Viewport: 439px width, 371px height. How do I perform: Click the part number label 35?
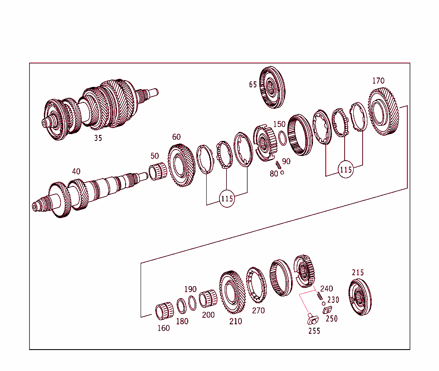pyautogui.click(x=98, y=138)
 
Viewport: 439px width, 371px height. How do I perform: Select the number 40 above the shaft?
pyautogui.click(x=76, y=171)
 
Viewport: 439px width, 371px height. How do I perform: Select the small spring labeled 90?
pyautogui.click(x=278, y=164)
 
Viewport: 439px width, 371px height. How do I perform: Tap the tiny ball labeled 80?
pyautogui.click(x=282, y=173)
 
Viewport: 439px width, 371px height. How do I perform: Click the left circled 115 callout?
pyautogui.click(x=227, y=199)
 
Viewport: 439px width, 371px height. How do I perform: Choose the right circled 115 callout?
pyautogui.click(x=346, y=170)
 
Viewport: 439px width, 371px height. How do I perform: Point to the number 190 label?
pyautogui.click(x=190, y=289)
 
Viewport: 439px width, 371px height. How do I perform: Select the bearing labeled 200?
pyautogui.click(x=208, y=298)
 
